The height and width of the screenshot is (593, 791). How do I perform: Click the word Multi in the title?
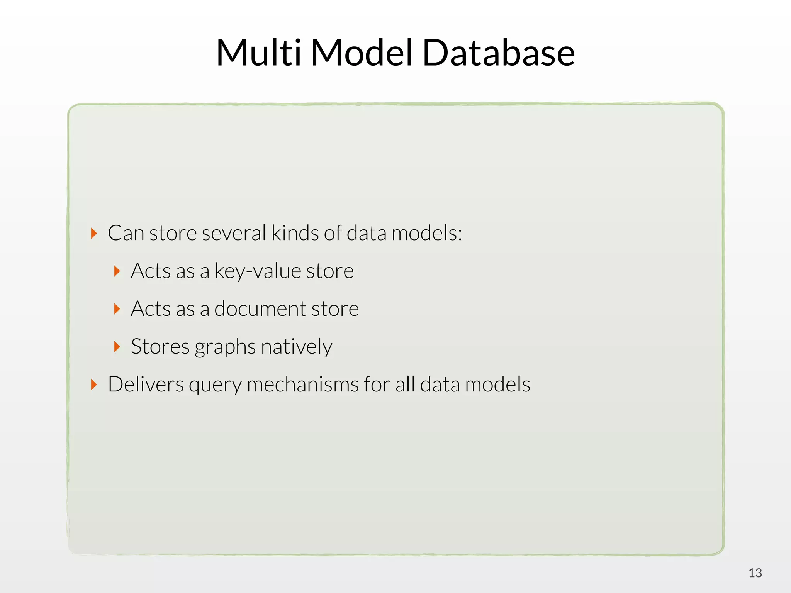[258, 53]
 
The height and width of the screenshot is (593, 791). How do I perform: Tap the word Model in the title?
[362, 53]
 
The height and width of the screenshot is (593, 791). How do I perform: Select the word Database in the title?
[499, 53]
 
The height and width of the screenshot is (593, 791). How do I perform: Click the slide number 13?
[755, 573]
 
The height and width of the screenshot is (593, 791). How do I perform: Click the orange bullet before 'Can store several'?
[93, 233]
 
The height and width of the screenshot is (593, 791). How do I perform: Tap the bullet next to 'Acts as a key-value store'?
[117, 271]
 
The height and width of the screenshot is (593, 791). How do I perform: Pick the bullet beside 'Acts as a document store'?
[117, 309]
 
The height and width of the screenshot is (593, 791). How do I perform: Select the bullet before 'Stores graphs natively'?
[117, 347]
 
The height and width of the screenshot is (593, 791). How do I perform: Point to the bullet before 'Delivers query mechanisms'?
[93, 385]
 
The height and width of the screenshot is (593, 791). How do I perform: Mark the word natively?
[296, 347]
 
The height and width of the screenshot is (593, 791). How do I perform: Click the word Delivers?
[146, 385]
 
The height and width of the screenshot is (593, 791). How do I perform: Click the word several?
[234, 233]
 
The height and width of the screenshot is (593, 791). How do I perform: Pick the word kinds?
[295, 233]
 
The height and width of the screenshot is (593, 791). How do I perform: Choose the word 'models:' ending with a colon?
[427, 233]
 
